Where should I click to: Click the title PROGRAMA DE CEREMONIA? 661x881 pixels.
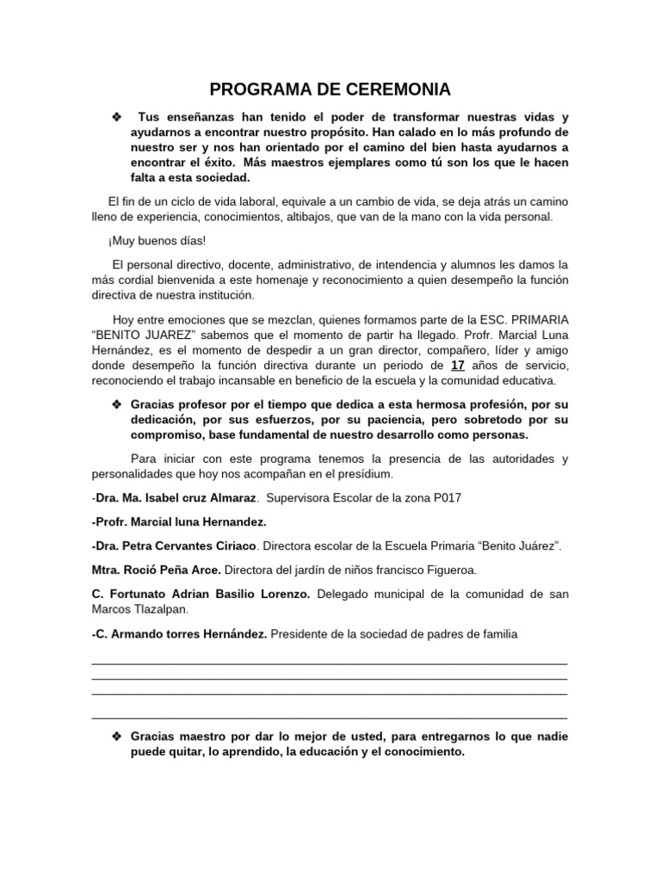(330, 89)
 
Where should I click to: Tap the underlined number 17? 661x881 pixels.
(459, 365)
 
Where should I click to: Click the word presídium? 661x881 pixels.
(363, 474)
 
